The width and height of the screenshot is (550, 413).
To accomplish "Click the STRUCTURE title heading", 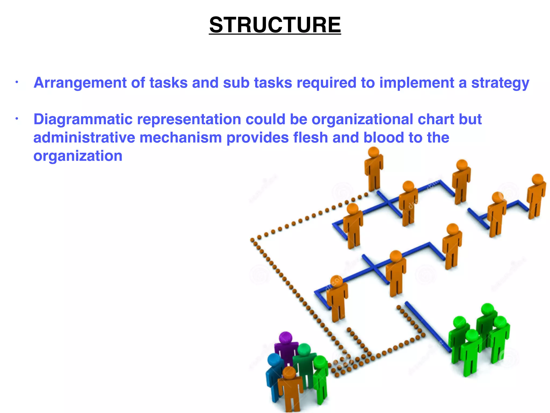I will pyautogui.click(x=275, y=25).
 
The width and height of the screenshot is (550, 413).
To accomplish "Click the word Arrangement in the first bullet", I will pyautogui.click(x=80, y=83).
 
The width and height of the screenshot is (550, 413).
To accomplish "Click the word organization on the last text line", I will pyautogui.click(x=78, y=156).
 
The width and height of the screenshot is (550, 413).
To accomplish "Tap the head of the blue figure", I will pyautogui.click(x=274, y=359).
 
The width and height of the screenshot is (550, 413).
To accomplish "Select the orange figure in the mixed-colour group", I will pyautogui.click(x=290, y=387).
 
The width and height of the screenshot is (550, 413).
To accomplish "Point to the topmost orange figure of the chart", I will pyautogui.click(x=374, y=169).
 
